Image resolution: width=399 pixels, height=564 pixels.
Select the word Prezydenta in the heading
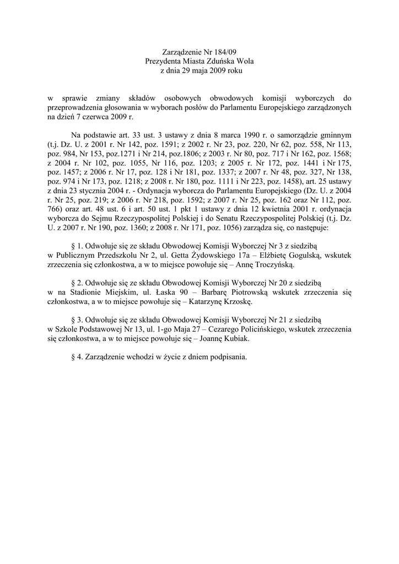click(163, 61)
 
